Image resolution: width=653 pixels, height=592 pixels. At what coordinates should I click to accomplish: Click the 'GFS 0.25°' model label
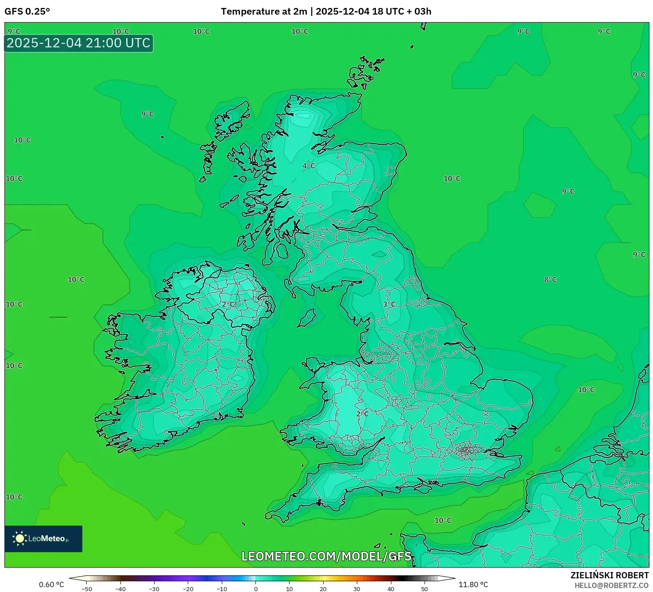coord(27,12)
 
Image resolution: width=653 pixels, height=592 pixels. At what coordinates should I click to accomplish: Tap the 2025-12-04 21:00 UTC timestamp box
coord(78,43)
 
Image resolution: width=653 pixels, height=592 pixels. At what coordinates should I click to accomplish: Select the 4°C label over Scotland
coord(309,166)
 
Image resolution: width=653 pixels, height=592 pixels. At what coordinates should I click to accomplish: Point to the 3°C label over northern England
coord(389,304)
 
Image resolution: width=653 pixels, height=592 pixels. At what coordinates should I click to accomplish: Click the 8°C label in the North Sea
coord(550,280)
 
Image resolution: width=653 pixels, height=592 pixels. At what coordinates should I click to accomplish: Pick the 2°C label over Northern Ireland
coord(228,304)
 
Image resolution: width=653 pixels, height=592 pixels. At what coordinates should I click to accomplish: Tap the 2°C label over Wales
coord(362,414)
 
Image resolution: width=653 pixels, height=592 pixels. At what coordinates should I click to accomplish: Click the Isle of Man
coord(306,318)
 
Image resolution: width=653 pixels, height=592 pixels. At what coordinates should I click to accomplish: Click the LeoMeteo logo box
coord(43,538)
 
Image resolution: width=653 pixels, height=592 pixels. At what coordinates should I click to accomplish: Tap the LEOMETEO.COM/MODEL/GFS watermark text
coord(326,556)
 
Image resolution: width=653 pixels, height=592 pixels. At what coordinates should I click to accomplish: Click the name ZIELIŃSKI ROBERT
coord(609,575)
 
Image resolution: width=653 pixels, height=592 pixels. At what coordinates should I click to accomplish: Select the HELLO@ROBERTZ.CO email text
coord(611,585)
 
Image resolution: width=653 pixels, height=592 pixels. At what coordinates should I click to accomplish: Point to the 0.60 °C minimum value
coord(51,584)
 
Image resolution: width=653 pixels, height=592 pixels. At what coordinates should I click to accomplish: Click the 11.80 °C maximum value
coord(473,584)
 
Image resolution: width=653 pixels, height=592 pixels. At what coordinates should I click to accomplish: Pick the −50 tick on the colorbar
coord(87,589)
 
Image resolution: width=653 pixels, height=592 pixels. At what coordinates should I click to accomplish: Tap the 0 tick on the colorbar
coord(256,589)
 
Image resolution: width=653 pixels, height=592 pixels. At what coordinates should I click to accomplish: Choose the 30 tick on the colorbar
coord(357,589)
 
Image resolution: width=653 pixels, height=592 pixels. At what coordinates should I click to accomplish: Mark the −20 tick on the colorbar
coord(188,589)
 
